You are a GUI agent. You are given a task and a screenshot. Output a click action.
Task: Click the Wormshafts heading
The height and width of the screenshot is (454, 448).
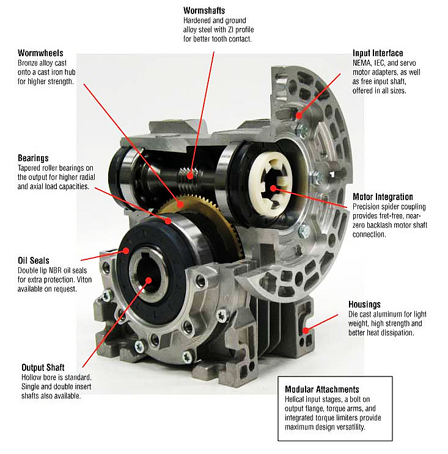(204, 11)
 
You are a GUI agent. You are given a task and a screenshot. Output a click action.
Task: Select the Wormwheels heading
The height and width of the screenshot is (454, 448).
(40, 53)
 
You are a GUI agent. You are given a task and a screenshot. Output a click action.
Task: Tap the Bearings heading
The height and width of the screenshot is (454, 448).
(33, 158)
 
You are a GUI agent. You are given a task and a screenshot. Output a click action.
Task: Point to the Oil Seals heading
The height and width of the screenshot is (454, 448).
(34, 261)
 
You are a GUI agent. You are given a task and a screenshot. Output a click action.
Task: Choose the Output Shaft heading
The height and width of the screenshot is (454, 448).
(43, 367)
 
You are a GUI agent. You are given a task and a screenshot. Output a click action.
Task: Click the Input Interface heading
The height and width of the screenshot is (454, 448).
(378, 53)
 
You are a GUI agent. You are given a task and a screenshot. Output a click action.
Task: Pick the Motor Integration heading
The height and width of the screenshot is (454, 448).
(383, 197)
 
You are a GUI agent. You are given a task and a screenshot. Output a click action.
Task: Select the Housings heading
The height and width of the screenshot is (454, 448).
(364, 304)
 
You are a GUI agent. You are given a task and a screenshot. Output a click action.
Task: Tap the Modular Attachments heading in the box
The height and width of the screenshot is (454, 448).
(322, 389)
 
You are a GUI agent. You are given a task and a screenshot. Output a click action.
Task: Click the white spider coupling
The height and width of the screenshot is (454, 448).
(270, 185)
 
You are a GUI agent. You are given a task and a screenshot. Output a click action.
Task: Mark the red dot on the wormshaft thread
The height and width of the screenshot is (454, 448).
(190, 176)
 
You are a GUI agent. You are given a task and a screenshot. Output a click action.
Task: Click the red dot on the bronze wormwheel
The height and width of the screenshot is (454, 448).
(181, 204)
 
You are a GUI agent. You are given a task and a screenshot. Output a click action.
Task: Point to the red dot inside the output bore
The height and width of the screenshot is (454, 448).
(149, 280)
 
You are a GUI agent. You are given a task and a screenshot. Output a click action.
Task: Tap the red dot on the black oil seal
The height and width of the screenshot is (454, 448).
(126, 250)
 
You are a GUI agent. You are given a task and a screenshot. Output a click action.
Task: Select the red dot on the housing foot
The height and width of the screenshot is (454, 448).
(306, 330)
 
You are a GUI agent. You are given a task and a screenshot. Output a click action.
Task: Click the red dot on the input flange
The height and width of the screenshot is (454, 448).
(299, 116)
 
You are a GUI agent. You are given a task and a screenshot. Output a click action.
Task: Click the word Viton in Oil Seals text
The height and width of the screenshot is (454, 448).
(84, 279)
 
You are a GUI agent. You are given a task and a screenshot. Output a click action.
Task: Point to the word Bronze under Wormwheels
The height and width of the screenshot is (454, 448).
(28, 63)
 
